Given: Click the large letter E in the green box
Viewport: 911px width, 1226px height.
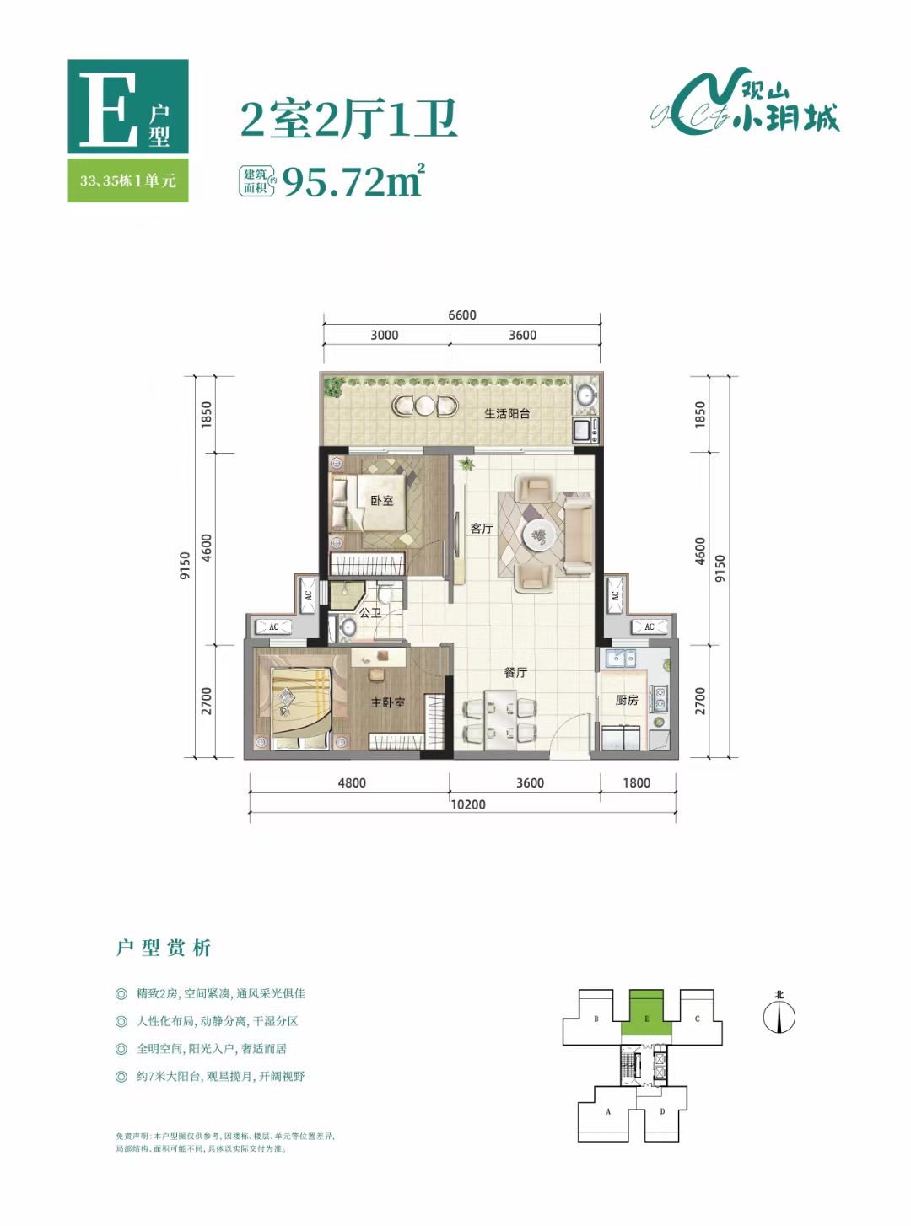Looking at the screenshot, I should (107, 109).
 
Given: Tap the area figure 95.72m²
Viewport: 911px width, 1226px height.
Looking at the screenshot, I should (353, 180).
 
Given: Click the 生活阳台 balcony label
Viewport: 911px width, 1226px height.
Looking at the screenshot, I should (507, 414).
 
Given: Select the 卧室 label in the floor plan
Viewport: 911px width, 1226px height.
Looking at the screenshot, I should (382, 501).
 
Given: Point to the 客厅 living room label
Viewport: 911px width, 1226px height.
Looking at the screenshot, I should (482, 529).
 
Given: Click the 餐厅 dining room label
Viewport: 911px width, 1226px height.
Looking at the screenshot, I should (515, 672).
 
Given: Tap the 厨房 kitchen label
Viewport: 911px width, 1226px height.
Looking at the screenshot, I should (627, 700).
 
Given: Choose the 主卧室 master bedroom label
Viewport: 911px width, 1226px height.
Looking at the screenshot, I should (388, 702).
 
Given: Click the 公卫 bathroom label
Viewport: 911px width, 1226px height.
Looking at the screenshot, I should (370, 613).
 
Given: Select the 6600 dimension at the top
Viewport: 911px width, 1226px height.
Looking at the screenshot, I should (462, 315).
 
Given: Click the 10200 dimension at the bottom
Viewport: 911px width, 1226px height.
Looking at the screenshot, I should (467, 804).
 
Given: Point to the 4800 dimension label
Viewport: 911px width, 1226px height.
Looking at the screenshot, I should (352, 783).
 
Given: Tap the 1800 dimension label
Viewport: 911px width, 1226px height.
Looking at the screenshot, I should (636, 783).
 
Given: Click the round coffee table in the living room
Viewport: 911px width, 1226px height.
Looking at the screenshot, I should (538, 535).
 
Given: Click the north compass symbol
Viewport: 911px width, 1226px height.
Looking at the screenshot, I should (779, 1016).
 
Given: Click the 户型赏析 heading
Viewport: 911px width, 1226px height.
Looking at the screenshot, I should (164, 948).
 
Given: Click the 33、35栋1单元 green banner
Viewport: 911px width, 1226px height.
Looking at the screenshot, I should (128, 180).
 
